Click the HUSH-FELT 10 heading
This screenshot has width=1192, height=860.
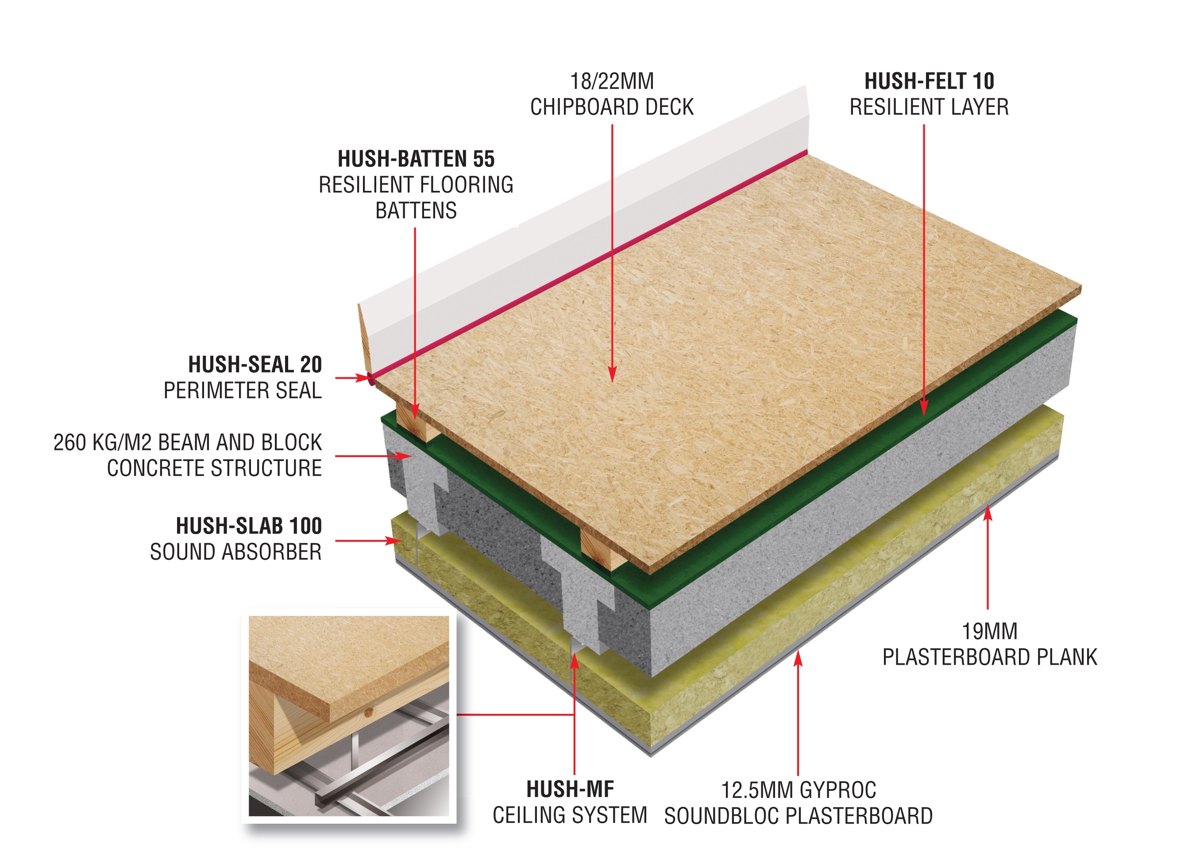[x=929, y=81]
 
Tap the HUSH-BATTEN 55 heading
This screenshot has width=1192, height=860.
[x=416, y=159]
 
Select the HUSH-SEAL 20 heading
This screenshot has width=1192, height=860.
[x=255, y=364]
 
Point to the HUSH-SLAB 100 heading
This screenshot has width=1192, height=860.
[x=249, y=526]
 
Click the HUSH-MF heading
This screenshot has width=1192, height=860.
[x=570, y=789]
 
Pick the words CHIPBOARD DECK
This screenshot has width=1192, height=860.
[x=612, y=107]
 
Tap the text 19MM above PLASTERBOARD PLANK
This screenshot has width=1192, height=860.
[x=989, y=631]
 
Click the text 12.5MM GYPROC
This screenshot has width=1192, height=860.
[x=799, y=790]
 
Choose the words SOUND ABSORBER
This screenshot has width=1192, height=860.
[x=235, y=552]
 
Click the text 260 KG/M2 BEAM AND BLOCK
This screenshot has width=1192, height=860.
[x=188, y=442]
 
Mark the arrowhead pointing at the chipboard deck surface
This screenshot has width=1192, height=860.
[x=612, y=374]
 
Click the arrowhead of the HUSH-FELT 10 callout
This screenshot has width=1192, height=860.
[x=924, y=407]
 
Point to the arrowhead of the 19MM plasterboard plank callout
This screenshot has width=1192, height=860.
[x=988, y=512]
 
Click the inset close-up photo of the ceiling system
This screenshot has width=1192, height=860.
[x=348, y=717]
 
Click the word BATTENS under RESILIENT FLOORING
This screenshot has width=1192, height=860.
[x=416, y=211]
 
